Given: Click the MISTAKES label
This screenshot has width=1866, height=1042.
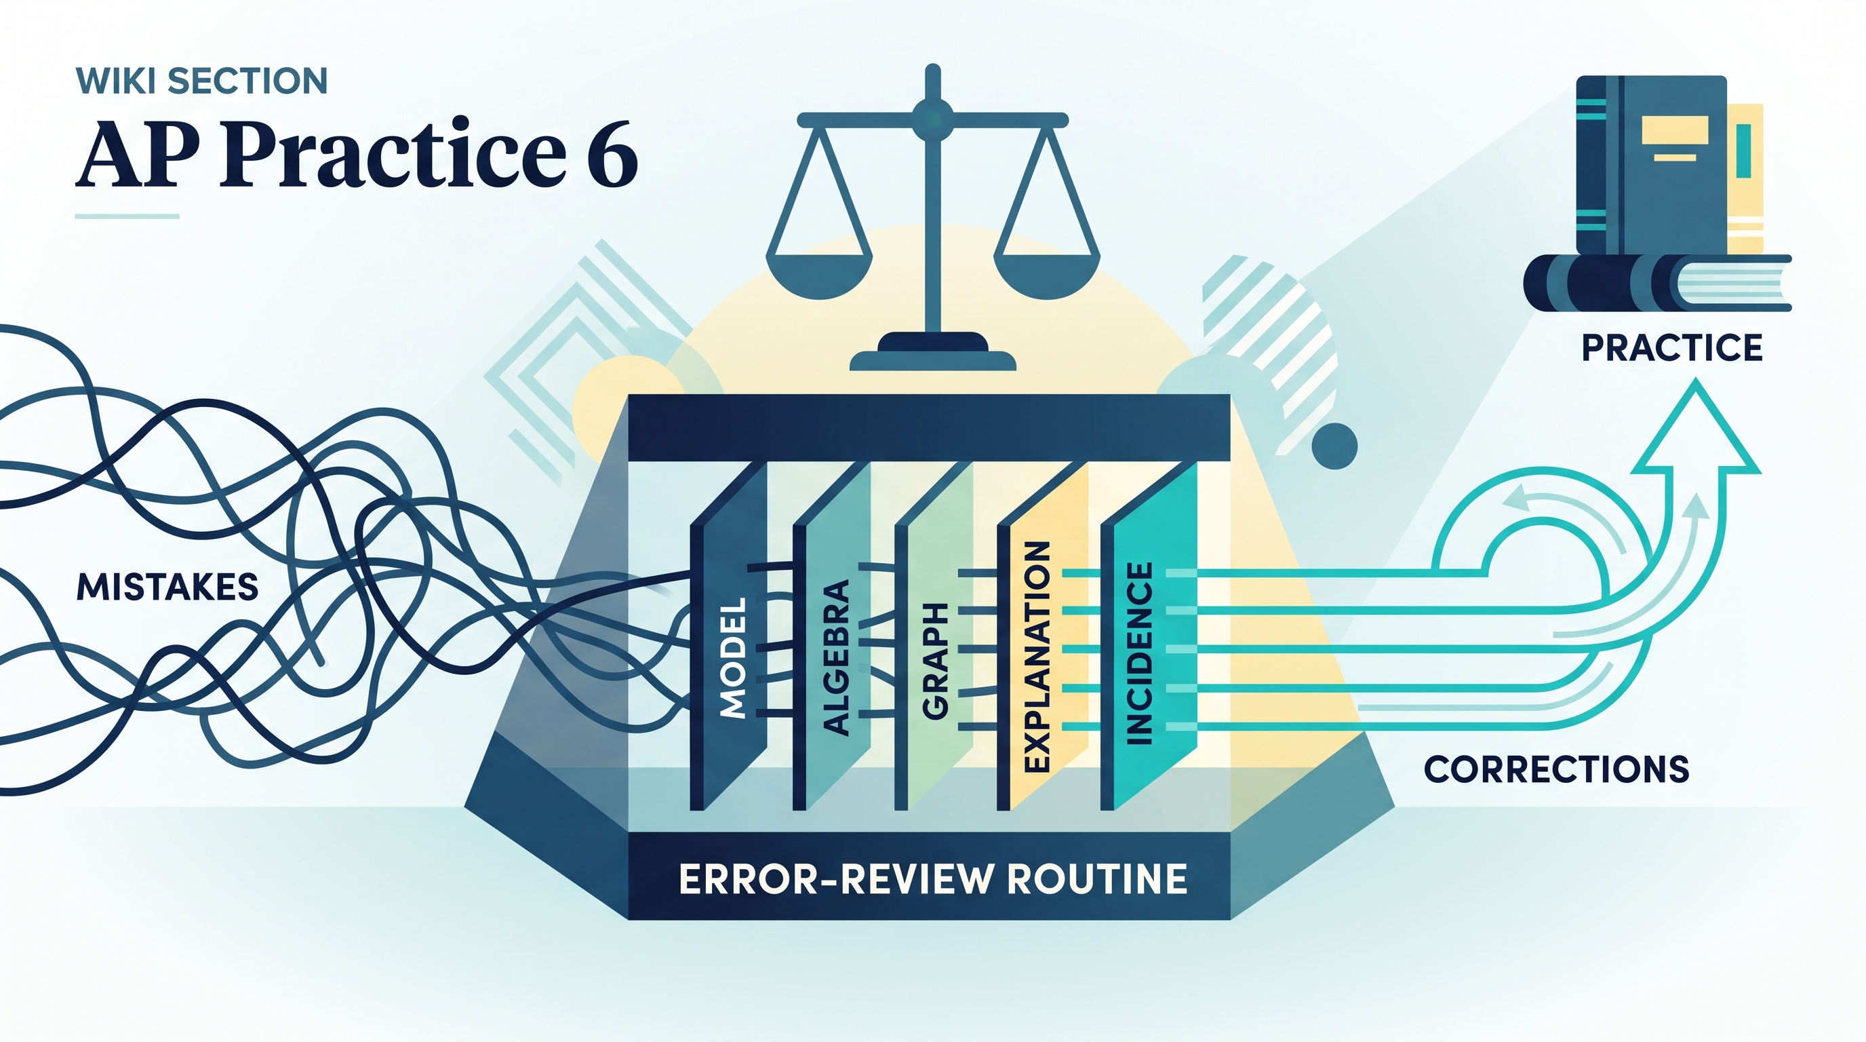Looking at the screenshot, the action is [x=167, y=587].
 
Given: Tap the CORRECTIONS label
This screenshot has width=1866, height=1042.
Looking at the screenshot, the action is [x=1557, y=769].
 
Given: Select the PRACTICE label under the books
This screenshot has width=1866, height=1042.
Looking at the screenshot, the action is [x=1672, y=348].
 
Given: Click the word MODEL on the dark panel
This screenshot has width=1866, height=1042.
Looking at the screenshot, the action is [x=733, y=658].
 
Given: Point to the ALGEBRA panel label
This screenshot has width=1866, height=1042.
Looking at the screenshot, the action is [x=836, y=658].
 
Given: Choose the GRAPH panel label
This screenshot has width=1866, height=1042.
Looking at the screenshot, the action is [x=935, y=661].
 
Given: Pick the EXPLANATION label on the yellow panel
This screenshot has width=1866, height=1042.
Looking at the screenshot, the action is [x=1037, y=657].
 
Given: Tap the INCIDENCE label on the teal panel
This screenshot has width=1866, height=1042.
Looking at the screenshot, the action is [x=1139, y=653].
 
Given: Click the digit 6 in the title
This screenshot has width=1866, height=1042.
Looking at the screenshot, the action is [x=612, y=155].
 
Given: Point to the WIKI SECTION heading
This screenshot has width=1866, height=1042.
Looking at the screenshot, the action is [x=201, y=81].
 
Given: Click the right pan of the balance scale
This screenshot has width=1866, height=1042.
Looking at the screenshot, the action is [x=1047, y=274].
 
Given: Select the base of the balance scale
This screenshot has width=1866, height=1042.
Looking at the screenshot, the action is [x=933, y=353].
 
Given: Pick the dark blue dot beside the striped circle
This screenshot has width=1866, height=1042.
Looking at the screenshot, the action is [x=1334, y=446].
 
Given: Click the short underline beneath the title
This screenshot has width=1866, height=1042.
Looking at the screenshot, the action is [x=127, y=216].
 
